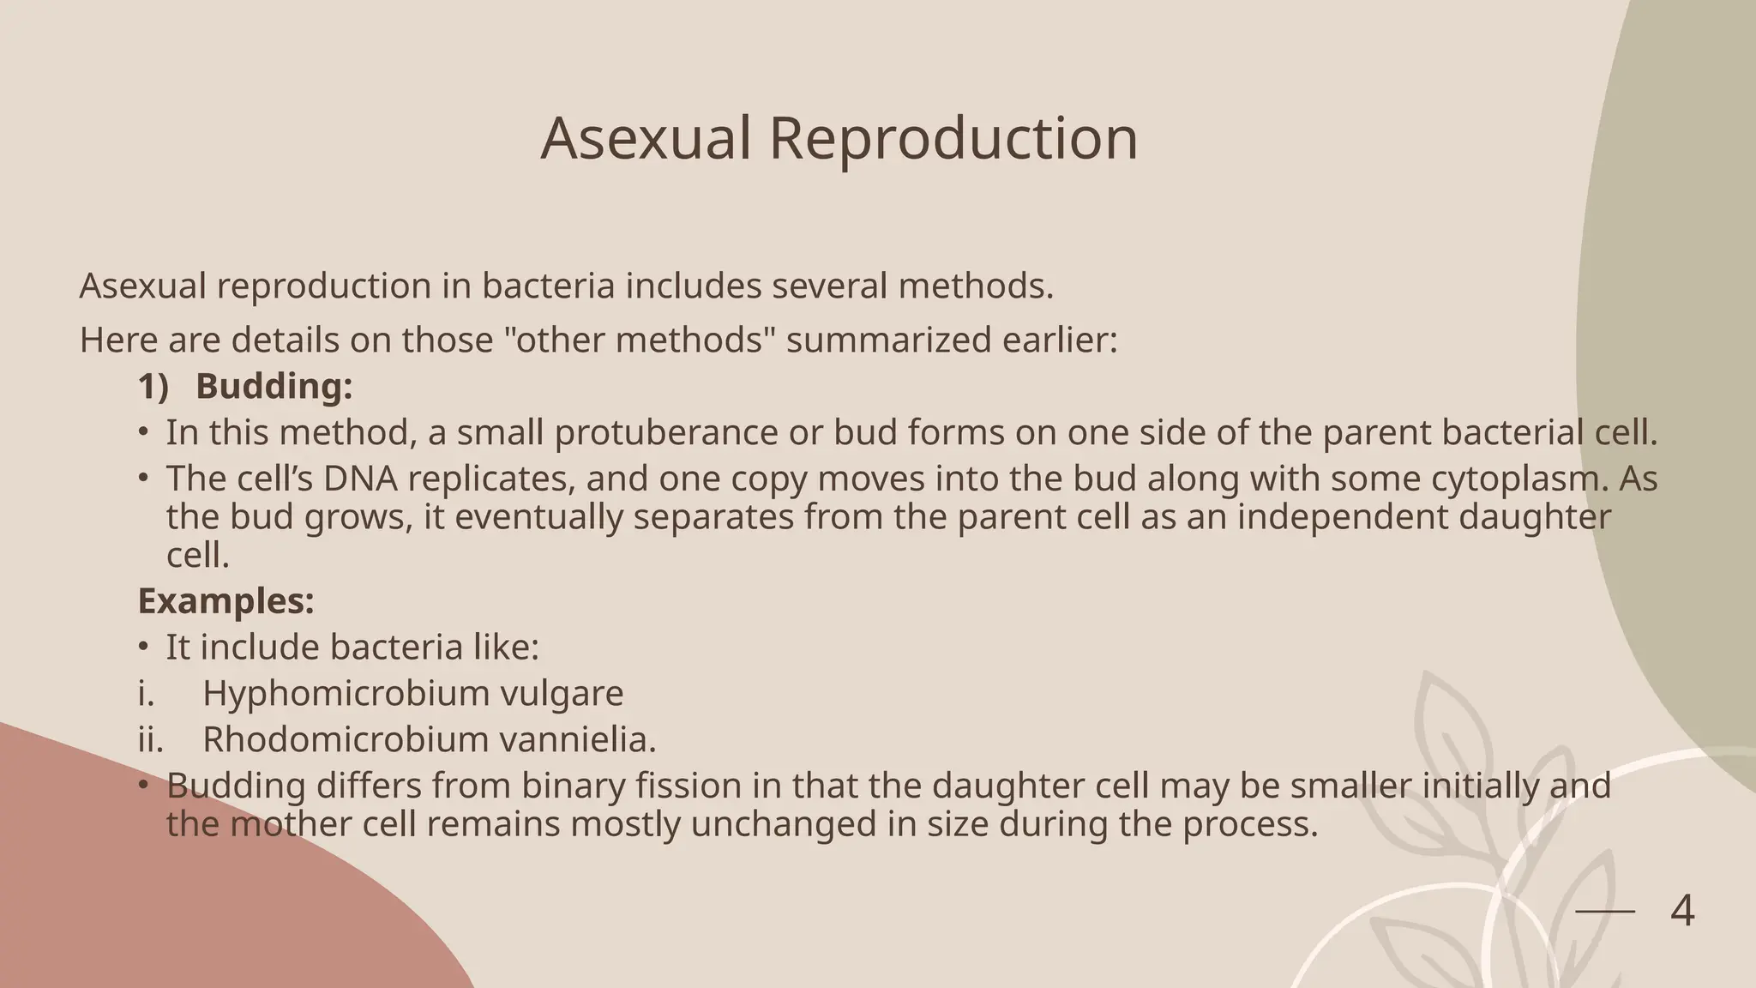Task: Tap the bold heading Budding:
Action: pos(274,387)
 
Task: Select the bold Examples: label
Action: pos(226,601)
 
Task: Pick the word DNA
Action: pos(360,479)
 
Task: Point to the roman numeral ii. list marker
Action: pos(150,739)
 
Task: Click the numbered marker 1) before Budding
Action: pos(153,387)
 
